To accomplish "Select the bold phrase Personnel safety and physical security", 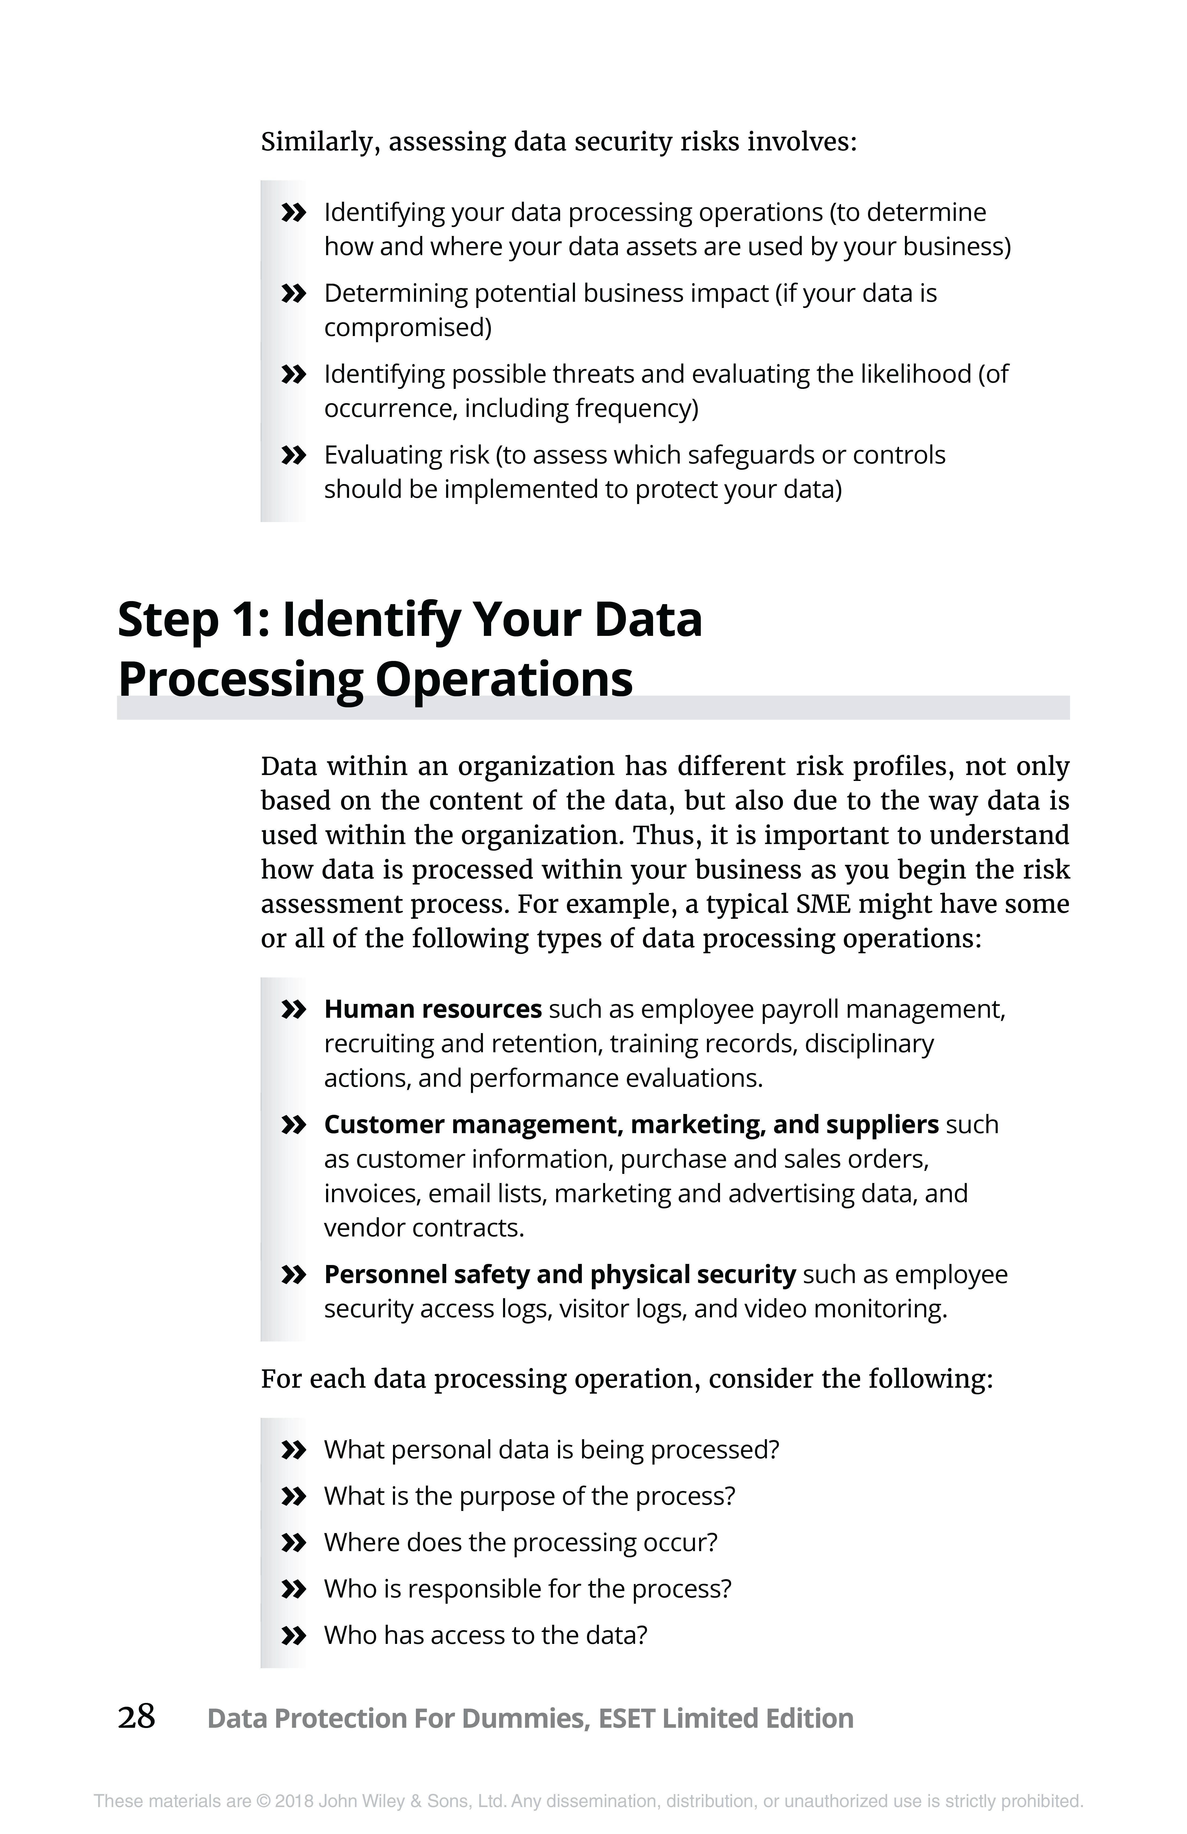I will pyautogui.click(x=560, y=1274).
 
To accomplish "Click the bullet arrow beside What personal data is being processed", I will pyautogui.click(x=294, y=1450).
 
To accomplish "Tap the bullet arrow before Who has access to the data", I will pyautogui.click(x=294, y=1635).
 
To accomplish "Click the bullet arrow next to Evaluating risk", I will pyautogui.click(x=294, y=455).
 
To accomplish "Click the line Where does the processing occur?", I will pyautogui.click(x=520, y=1543).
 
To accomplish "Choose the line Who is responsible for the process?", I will pyautogui.click(x=527, y=1589).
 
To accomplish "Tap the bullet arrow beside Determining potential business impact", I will pyautogui.click(x=294, y=294).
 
